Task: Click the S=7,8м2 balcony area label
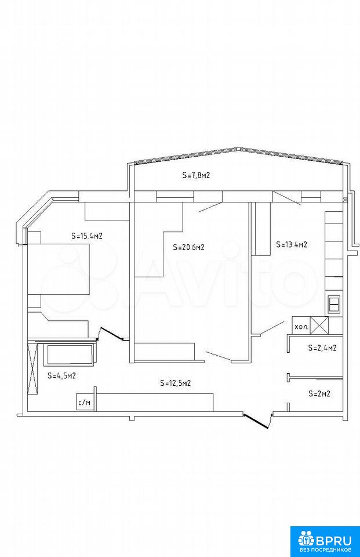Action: tap(197, 175)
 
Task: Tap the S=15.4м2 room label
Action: tap(87, 236)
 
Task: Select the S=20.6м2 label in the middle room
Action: tap(188, 247)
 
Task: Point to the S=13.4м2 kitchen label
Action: tap(292, 244)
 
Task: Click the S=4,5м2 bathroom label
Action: tap(62, 375)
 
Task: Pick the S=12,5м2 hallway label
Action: tap(176, 383)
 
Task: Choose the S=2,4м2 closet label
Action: tap(322, 348)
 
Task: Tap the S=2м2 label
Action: tap(319, 393)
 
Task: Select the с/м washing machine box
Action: tap(85, 403)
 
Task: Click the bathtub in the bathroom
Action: tap(70, 354)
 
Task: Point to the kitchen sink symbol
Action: tap(334, 303)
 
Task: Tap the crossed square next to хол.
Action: tap(319, 325)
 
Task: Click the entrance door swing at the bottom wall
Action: tap(257, 420)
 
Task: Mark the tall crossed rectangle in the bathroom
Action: tap(32, 367)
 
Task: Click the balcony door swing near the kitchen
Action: tap(287, 198)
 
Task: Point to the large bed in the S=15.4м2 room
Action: tap(58, 269)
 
